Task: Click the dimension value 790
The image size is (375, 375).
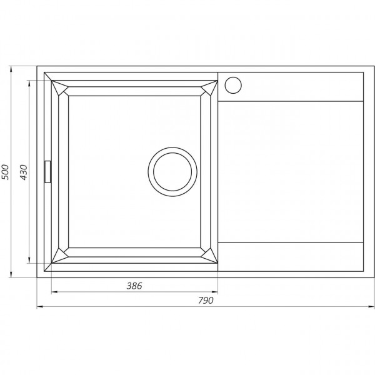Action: click(206, 301)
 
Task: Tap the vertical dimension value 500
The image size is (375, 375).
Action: click(6, 172)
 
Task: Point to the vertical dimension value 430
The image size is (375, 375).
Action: click(24, 172)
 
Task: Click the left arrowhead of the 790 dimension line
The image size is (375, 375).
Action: click(39, 307)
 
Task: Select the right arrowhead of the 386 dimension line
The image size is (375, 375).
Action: click(215, 292)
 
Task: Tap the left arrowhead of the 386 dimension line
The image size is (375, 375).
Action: click(53, 292)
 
